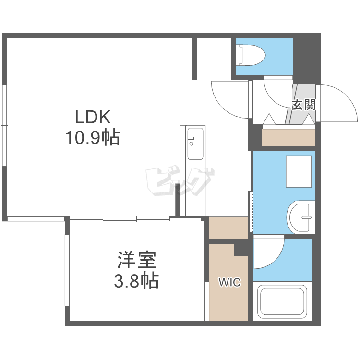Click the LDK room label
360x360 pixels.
pos(93,117)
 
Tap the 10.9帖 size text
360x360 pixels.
pos(93,138)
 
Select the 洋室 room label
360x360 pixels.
pos(137,260)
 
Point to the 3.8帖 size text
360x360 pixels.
pos(136,281)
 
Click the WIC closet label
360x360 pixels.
pos(229,282)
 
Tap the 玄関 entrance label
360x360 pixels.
pos(303,105)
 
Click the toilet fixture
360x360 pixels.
pos(252,55)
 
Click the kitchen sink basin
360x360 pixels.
pos(195,144)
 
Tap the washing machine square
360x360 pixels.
pos(299,171)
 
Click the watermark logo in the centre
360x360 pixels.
pos(180,182)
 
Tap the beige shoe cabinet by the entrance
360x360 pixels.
pos(288,137)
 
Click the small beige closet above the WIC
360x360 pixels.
pos(228,228)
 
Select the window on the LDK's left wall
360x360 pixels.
pos(4,125)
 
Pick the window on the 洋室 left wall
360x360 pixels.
pos(67,270)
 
